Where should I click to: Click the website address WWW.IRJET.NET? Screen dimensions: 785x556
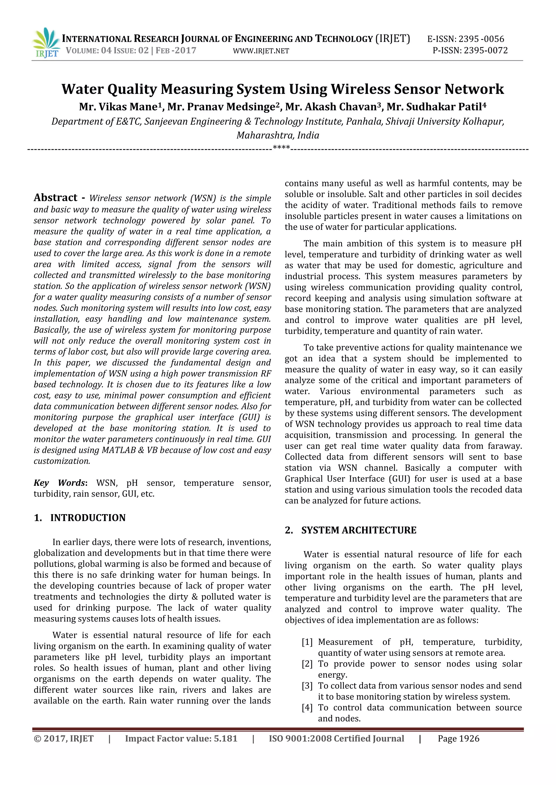261,51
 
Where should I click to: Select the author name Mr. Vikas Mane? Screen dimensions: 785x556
119,107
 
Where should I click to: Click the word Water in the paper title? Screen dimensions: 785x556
83,89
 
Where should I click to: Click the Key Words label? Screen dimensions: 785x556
60,483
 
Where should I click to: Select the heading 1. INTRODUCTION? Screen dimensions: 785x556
80,518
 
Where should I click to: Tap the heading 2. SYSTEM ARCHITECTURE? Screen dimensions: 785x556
350,530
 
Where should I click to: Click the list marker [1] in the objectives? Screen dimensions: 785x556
307,642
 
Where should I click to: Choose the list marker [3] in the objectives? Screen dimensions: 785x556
307,686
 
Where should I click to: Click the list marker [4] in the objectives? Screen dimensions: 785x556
307,708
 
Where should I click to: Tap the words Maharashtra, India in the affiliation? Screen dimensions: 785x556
278,135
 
